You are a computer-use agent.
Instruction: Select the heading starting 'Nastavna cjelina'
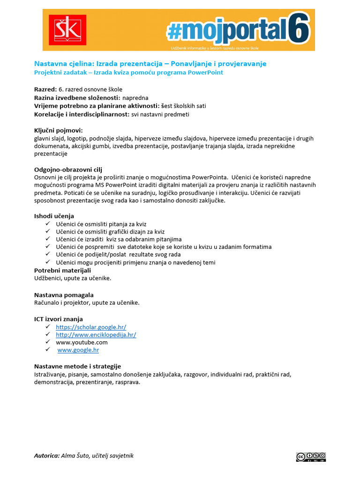click(x=150, y=64)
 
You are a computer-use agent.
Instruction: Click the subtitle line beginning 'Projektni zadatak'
click(x=128, y=73)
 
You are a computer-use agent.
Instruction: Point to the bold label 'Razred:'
click(x=45, y=90)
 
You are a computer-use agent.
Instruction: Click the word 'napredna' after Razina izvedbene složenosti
click(x=135, y=98)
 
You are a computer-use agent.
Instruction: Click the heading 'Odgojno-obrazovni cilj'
click(x=68, y=170)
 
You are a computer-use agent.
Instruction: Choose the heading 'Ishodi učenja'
click(x=54, y=216)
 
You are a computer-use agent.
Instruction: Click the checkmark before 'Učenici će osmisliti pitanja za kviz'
click(x=48, y=224)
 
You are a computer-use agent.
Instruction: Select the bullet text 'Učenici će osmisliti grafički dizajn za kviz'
click(x=110, y=232)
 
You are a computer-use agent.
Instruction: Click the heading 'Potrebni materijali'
click(x=62, y=270)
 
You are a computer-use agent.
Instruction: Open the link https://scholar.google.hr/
click(x=91, y=327)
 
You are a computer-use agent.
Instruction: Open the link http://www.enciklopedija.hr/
click(x=96, y=335)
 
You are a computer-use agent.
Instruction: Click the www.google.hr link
click(x=78, y=350)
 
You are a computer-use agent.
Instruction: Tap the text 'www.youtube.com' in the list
click(x=82, y=342)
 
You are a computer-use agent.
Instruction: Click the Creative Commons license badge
click(x=310, y=457)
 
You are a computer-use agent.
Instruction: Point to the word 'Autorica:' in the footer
click(x=47, y=456)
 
